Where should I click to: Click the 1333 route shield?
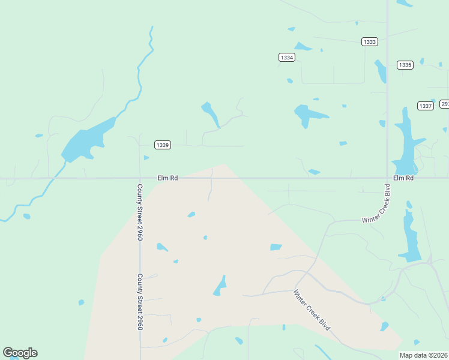click(x=370, y=41)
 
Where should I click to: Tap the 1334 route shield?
click(x=287, y=57)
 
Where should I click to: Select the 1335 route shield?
click(x=405, y=65)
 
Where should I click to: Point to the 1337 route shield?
click(x=426, y=106)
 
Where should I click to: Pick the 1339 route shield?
click(x=162, y=145)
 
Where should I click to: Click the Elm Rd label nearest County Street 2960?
click(x=167, y=178)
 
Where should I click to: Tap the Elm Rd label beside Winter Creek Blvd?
click(x=403, y=178)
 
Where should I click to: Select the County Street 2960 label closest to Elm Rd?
click(x=139, y=212)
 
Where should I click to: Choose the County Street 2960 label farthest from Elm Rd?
click(x=139, y=302)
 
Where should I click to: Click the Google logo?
click(x=20, y=353)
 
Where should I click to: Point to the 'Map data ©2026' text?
click(x=423, y=355)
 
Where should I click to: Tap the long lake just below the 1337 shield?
click(x=404, y=144)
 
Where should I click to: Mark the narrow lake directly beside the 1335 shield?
click(x=381, y=71)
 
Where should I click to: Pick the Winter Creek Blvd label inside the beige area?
click(x=312, y=310)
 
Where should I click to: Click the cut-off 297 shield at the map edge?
click(x=444, y=104)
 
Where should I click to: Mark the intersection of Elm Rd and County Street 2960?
click(x=139, y=178)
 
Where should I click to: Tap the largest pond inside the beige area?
click(x=220, y=286)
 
